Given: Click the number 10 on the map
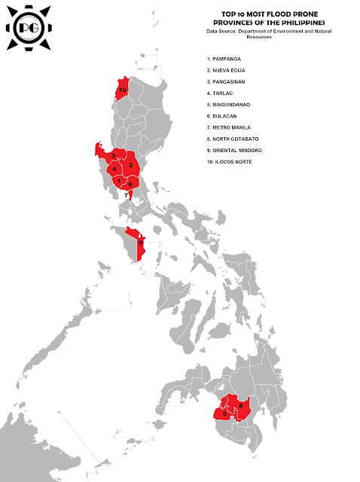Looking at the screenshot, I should click(122, 90).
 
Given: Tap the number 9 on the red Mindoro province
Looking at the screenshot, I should click(140, 242).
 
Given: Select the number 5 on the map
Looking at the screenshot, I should click(224, 413).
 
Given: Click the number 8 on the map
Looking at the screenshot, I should click(240, 407).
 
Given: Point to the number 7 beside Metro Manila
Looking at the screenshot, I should click(126, 195).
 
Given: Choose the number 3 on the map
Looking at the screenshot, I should click(112, 156).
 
